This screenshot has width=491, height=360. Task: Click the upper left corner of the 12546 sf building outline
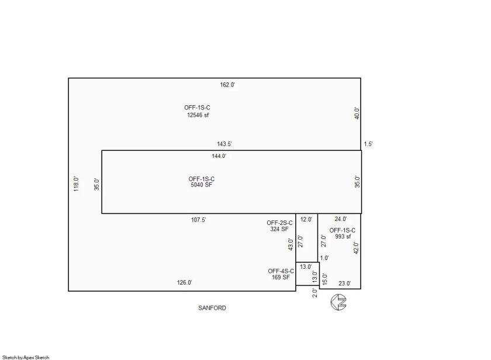point(68,78)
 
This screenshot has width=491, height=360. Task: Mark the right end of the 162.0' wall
point(361,78)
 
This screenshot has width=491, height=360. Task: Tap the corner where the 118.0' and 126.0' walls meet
point(68,291)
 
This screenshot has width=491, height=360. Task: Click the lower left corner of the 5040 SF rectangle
point(102,213)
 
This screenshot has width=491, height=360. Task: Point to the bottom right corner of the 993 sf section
point(361,289)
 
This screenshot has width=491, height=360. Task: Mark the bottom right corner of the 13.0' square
point(319,285)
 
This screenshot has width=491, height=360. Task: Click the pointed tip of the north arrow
point(331,302)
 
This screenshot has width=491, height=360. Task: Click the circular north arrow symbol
point(338,302)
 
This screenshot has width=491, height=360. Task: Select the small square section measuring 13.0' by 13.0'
point(307,274)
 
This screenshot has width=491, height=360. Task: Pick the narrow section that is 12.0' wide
point(306,238)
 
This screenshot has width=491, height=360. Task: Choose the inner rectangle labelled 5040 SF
point(231,182)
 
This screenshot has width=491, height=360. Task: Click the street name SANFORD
point(212,308)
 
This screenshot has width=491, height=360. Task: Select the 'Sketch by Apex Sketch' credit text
point(26,357)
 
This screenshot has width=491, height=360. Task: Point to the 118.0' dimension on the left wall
point(76,184)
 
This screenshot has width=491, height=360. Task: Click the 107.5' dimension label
point(199,220)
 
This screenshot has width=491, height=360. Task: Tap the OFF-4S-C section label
point(281,271)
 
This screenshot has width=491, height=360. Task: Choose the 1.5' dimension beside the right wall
point(368,144)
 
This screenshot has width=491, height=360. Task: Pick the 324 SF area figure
point(279,229)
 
